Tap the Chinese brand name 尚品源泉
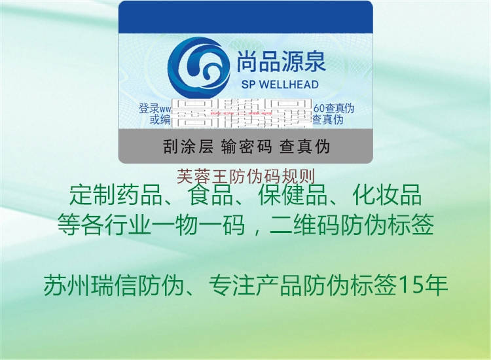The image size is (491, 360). point(281,62)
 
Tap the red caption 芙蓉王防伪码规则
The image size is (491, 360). point(246,176)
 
